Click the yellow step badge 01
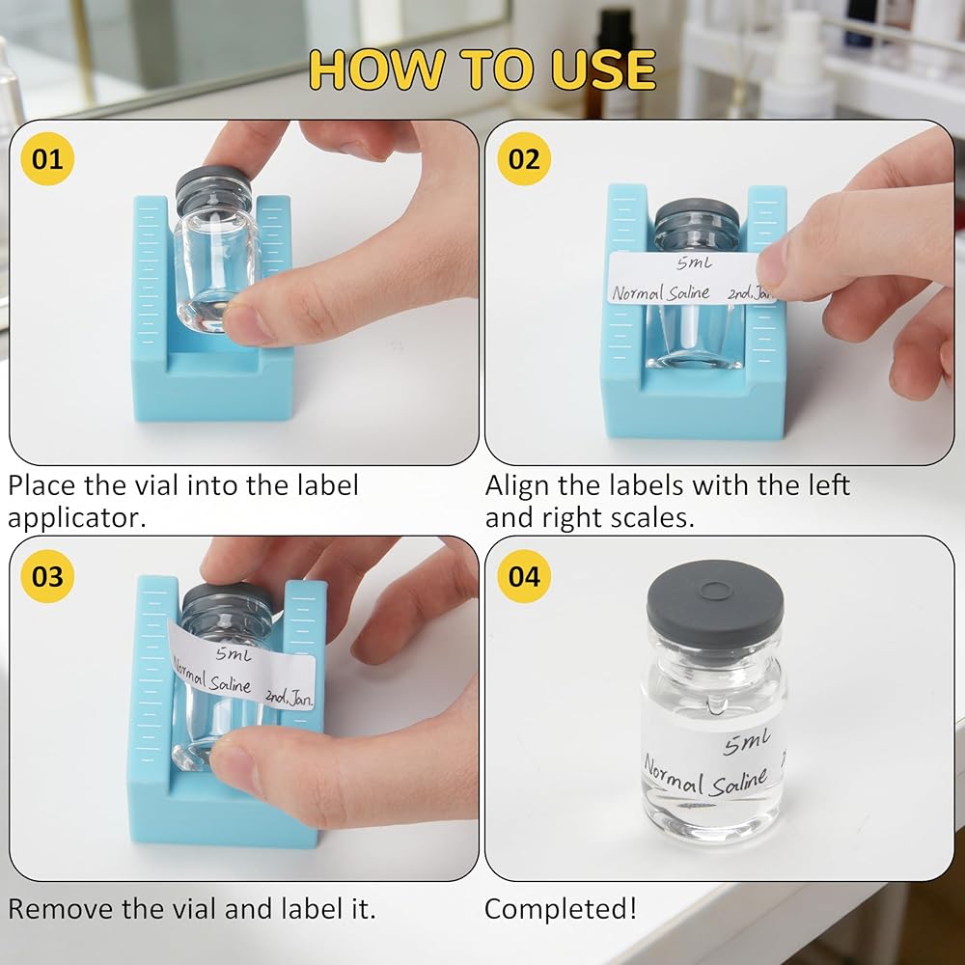(47, 159)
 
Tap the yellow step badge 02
(524, 159)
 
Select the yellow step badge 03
(47, 576)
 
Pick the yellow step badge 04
(524, 576)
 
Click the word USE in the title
(603, 69)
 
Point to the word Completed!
(561, 909)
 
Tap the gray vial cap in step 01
(213, 189)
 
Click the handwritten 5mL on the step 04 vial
(747, 742)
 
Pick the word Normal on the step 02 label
(638, 292)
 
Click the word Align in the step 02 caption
(516, 486)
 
